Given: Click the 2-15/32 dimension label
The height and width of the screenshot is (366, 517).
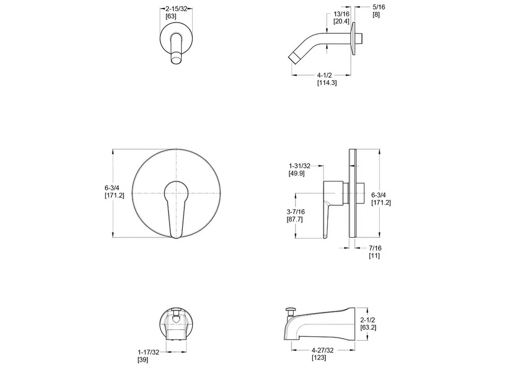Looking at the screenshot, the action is pyautogui.click(x=176, y=9).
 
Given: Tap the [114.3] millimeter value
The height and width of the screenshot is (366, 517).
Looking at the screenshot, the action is pyautogui.click(x=327, y=83).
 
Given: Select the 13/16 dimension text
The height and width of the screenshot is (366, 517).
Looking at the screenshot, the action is pyautogui.click(x=341, y=14).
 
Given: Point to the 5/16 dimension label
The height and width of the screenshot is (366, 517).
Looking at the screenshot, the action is pyautogui.click(x=379, y=7).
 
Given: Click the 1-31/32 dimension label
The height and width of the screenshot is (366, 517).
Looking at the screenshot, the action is pyautogui.click(x=299, y=166).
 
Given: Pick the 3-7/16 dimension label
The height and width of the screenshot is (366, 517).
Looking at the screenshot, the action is pyautogui.click(x=296, y=212).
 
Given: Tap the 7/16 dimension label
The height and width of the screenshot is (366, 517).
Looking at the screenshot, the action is pyautogui.click(x=375, y=248).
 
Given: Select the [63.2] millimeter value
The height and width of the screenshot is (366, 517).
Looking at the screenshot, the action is pyautogui.click(x=368, y=327).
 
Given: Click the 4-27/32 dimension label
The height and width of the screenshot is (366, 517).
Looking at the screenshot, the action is pyautogui.click(x=323, y=350).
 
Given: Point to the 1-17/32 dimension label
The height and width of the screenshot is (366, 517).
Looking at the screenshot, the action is pyautogui.click(x=148, y=352).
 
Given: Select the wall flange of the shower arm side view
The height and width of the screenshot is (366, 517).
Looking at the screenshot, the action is pyautogui.click(x=353, y=39).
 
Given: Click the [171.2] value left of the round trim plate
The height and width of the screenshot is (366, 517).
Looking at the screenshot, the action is pyautogui.click(x=114, y=195).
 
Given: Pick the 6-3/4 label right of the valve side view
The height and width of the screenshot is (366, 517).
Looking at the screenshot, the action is pyautogui.click(x=378, y=195).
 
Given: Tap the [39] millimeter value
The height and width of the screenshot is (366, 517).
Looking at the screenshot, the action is pyautogui.click(x=143, y=360).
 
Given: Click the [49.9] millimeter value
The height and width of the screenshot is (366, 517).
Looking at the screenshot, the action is pyautogui.click(x=296, y=173).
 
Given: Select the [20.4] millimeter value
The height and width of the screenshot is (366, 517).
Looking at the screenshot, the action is pyautogui.click(x=341, y=21).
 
